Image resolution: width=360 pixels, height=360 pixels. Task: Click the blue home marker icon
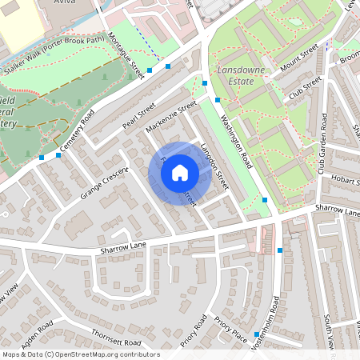[180, 173]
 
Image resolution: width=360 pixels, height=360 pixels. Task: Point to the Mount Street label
[298, 62]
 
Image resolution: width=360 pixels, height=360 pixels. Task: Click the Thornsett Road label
[116, 336]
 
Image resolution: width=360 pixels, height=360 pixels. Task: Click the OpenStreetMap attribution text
[80, 354]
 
